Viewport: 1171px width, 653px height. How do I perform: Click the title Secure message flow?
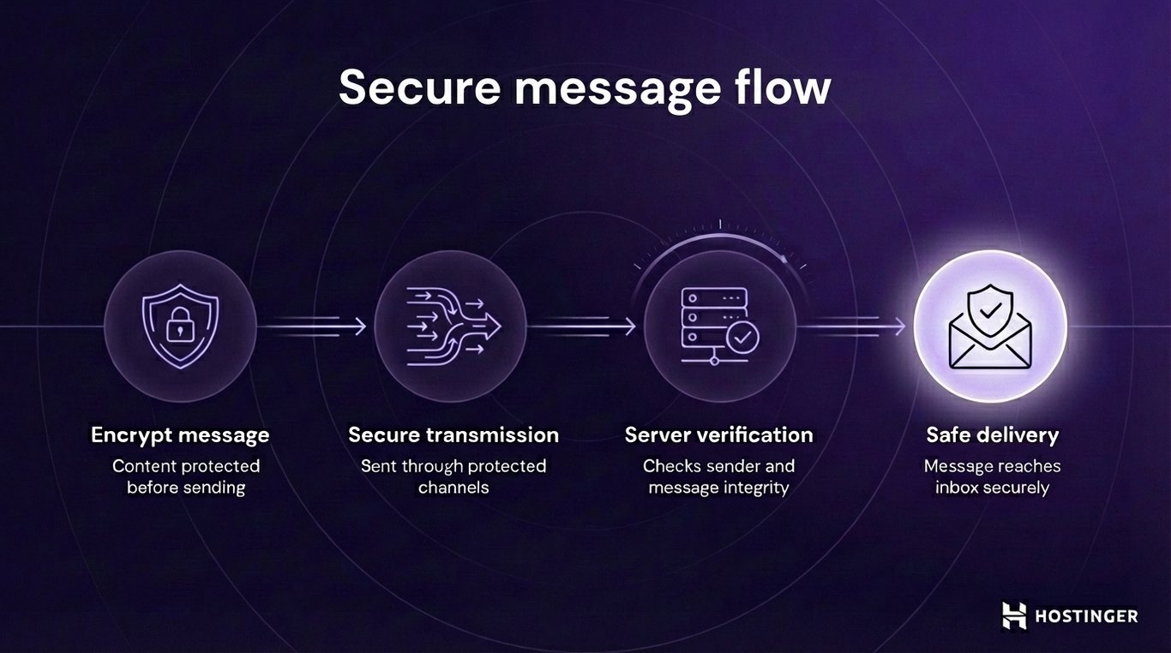click(x=585, y=87)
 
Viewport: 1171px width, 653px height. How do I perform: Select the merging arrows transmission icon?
click(x=452, y=326)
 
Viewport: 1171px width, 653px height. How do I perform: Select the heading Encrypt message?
click(x=180, y=435)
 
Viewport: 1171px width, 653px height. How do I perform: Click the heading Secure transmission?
click(x=453, y=435)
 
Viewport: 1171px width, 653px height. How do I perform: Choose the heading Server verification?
click(x=718, y=435)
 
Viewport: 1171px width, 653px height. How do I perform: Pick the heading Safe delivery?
click(x=992, y=435)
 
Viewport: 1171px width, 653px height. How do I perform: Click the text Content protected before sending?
click(x=186, y=477)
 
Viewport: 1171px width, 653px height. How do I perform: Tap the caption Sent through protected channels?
click(x=453, y=477)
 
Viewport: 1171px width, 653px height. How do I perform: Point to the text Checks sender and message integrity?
click(x=718, y=477)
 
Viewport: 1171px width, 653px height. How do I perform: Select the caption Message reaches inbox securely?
click(x=992, y=477)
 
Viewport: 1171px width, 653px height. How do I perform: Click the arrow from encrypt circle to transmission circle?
click(x=315, y=326)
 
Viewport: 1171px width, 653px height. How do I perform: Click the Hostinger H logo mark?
click(x=1014, y=615)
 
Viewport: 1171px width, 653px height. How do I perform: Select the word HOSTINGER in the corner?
click(x=1086, y=616)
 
